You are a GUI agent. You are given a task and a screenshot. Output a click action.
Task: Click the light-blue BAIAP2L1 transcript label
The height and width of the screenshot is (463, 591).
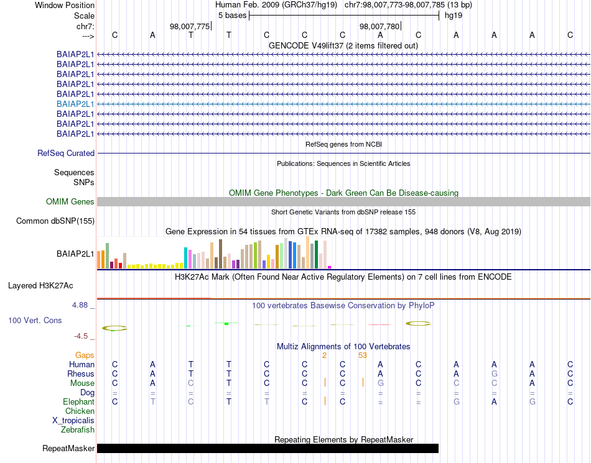coord(75,104)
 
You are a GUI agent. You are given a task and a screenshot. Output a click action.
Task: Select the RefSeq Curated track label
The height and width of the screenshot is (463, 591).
coord(66,153)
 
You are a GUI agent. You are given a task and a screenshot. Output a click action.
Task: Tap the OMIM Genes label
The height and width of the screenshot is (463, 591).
coord(70,201)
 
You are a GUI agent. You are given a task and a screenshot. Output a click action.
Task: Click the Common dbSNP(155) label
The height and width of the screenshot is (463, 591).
coord(55,221)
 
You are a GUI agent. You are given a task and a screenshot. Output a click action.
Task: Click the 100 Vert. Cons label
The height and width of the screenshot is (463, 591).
coord(35,320)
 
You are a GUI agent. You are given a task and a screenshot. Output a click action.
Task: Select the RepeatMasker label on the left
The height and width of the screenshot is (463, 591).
coord(68,448)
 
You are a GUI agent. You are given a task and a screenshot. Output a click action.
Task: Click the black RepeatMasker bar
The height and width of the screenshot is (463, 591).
coord(268,448)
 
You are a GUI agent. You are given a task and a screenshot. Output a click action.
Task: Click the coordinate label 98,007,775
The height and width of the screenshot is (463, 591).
coord(190,26)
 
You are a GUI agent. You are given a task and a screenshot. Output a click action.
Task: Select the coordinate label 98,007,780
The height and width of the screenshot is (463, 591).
coord(379,26)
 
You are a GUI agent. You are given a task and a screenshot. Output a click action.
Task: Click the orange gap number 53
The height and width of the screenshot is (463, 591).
coord(363,355)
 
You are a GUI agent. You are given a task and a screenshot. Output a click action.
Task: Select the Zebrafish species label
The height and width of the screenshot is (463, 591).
coord(78,429)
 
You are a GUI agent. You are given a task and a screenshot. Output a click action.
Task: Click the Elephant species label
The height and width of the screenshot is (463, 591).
coord(78,402)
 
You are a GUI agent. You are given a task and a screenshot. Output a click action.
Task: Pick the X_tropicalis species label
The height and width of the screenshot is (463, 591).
coord(73,420)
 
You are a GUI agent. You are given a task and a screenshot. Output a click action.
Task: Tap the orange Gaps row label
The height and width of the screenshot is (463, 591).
coord(85,355)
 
